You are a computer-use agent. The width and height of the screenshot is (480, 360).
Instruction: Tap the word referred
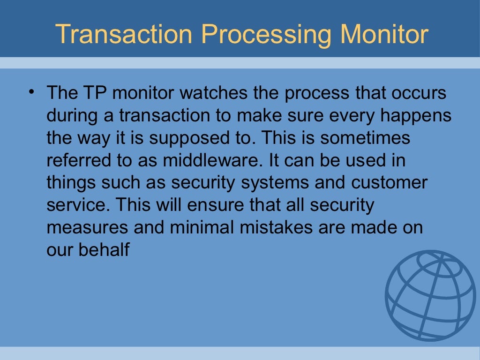[76, 161]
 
